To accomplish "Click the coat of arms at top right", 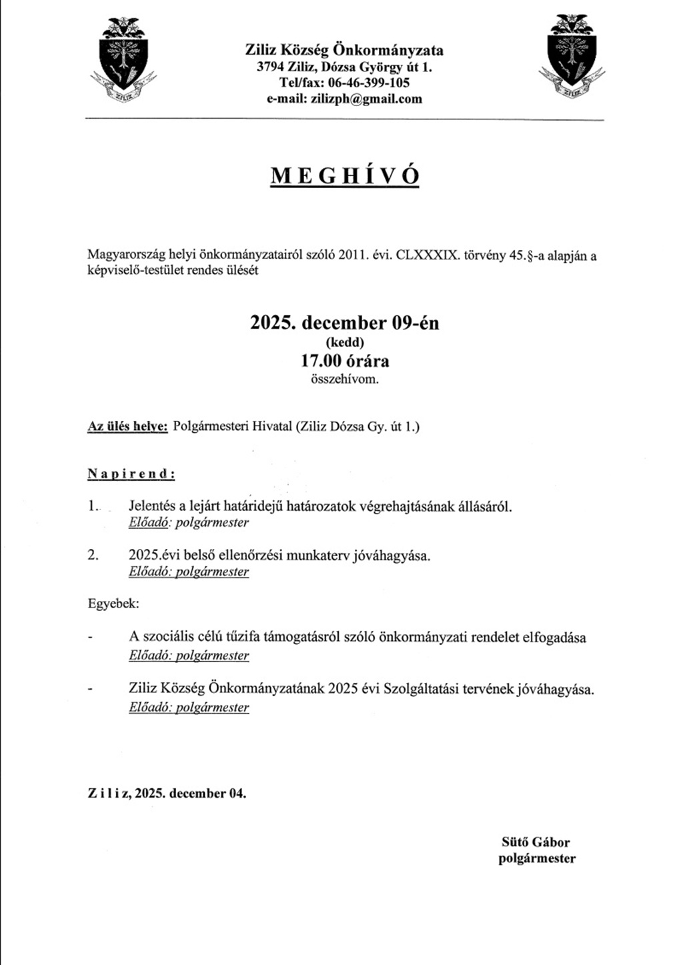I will point(571,56).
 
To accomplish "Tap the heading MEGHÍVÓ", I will point(345,175).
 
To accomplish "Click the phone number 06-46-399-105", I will point(369,83).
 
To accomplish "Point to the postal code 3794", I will point(270,67).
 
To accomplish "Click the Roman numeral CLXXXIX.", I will point(428,255).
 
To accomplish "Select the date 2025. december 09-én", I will point(345,323).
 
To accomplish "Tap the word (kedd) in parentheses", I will point(345,343).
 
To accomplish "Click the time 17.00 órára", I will point(345,361).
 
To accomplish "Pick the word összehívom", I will point(345,379).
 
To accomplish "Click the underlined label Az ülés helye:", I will point(127,427).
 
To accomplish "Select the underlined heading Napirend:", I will point(131,474).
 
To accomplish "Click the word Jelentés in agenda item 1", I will point(152,506).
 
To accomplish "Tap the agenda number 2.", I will point(93,556).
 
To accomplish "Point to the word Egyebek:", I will point(113,604).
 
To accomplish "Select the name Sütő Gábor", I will point(536,842).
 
